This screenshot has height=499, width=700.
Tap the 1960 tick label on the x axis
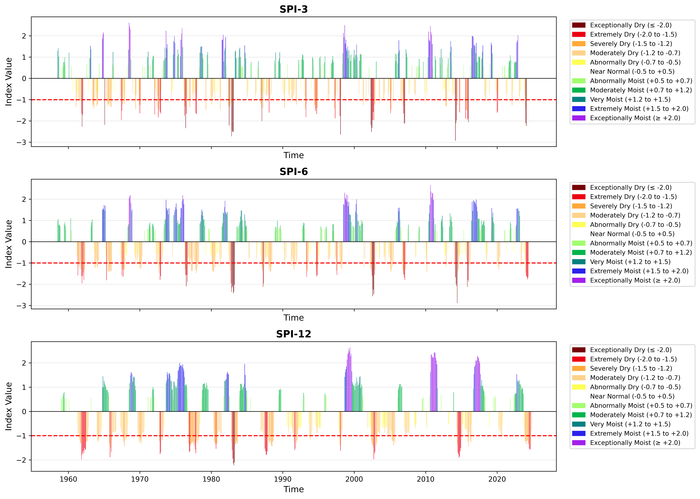(x=68, y=479)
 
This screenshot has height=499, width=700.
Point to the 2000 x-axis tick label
(x=354, y=479)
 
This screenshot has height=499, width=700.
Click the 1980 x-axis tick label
(x=211, y=479)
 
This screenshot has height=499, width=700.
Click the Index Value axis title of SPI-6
(x=9, y=244)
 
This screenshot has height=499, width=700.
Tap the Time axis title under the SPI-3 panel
(x=293, y=155)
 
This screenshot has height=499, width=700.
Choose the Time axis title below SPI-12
(x=293, y=489)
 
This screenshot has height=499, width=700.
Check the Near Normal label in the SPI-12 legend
(x=632, y=396)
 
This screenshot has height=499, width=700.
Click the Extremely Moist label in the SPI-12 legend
(x=639, y=434)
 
